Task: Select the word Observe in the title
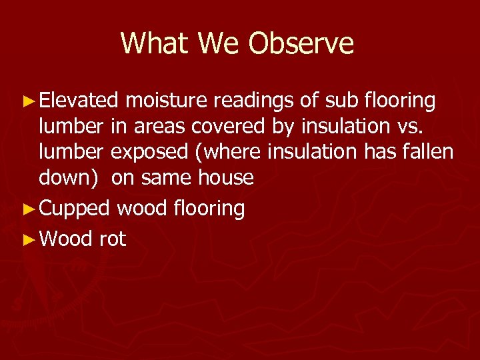301,43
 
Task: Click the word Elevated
79,101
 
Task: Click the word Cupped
75,209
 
